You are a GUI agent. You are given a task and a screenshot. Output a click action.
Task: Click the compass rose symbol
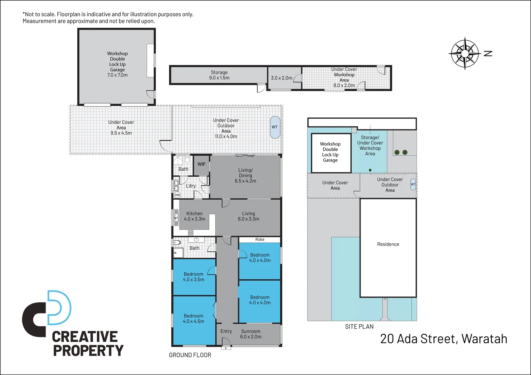pyautogui.click(x=465, y=53)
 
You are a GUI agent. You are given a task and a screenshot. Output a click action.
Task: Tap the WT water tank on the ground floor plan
pyautogui.click(x=275, y=127)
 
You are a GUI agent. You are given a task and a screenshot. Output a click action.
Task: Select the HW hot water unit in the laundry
pyautogui.click(x=177, y=195)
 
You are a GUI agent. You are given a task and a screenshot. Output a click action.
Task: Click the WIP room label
pyautogui.click(x=201, y=164)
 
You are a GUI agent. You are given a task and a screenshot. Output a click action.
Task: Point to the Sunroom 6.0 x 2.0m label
pyautogui.click(x=251, y=334)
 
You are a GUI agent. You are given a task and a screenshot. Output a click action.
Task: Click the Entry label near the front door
pyautogui.click(x=226, y=331)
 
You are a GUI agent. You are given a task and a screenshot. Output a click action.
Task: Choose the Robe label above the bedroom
pyautogui.click(x=260, y=240)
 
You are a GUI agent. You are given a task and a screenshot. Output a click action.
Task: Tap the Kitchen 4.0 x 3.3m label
pyautogui.click(x=194, y=216)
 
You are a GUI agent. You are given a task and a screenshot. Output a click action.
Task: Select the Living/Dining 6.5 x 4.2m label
pyautogui.click(x=246, y=175)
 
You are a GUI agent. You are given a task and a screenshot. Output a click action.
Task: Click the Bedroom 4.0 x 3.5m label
pyautogui.click(x=194, y=277)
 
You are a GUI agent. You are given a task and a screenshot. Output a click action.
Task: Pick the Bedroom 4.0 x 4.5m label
pyautogui.click(x=194, y=319)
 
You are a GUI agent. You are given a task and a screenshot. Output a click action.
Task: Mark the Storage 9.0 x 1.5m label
pyautogui.click(x=219, y=75)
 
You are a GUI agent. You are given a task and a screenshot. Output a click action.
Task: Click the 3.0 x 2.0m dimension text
pyautogui.click(x=282, y=78)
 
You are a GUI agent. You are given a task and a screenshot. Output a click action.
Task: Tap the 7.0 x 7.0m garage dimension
pyautogui.click(x=118, y=75)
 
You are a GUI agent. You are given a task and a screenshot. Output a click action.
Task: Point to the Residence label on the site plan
pyautogui.click(x=388, y=244)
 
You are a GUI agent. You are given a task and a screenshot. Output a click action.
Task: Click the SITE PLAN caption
pyautogui.click(x=359, y=327)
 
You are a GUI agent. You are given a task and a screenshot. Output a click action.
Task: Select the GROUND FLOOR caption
pyautogui.click(x=190, y=355)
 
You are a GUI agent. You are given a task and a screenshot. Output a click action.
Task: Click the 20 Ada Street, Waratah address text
pyautogui.click(x=444, y=339)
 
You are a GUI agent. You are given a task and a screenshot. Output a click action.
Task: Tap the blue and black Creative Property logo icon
pyautogui.click(x=47, y=313)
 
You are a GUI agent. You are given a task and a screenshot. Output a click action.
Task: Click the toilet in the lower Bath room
pyautogui.click(x=177, y=242)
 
